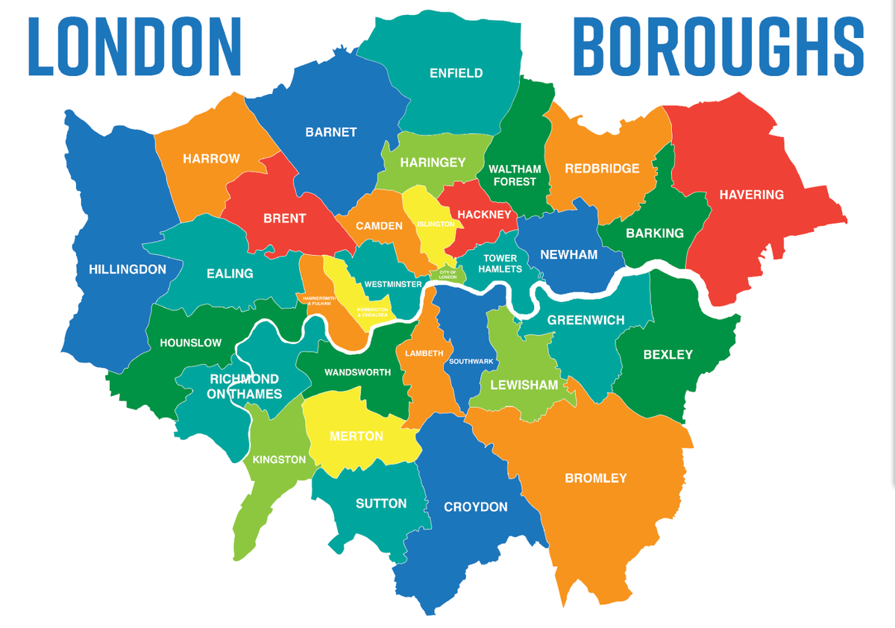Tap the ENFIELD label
click(456, 73)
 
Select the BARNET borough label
click(331, 133)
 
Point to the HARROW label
click(211, 159)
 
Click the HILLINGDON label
click(128, 269)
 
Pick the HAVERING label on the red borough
click(751, 195)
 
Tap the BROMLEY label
click(596, 478)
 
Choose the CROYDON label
click(476, 507)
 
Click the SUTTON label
click(381, 503)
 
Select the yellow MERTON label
click(357, 436)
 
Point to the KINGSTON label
click(279, 459)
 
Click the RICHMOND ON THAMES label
click(245, 386)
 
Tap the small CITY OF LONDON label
click(447, 274)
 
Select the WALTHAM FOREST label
click(515, 175)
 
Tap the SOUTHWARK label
click(471, 362)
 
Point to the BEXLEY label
click(668, 355)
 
